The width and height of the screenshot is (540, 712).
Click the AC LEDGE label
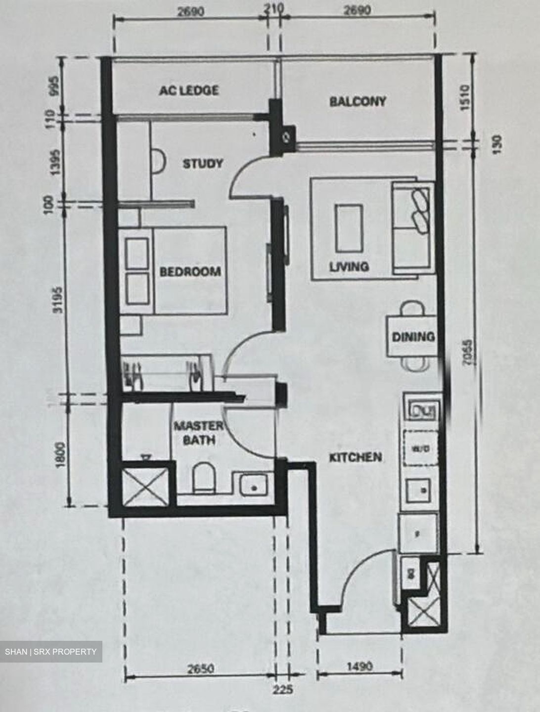point(188,90)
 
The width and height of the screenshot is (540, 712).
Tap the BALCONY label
point(358,101)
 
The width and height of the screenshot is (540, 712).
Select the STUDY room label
point(203,164)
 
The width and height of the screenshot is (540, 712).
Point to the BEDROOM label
point(190,271)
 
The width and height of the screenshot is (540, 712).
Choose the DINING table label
point(413,337)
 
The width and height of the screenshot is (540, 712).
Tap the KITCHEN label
point(356,457)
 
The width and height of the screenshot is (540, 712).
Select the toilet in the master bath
point(203,477)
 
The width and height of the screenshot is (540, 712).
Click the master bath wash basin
point(254,485)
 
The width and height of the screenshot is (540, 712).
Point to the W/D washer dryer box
point(420,449)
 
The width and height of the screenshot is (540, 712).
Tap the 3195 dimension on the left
point(59,299)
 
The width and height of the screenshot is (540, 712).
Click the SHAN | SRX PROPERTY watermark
point(51,652)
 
